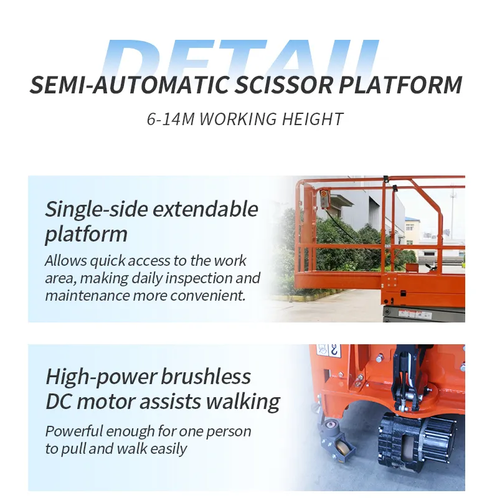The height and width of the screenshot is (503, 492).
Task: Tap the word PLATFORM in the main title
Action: [x=400, y=85]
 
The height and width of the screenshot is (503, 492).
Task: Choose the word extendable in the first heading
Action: [x=206, y=209]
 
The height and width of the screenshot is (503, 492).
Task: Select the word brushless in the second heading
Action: [x=206, y=377]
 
